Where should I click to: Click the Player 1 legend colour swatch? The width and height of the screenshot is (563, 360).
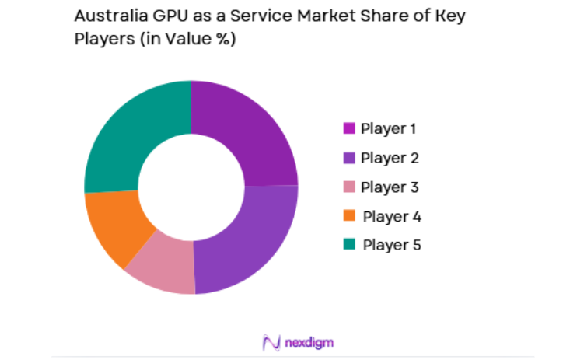348,128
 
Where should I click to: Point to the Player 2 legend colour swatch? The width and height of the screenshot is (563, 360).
348,158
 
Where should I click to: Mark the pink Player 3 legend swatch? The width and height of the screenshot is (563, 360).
348,187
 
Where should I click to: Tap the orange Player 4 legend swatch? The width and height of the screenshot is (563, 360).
348,216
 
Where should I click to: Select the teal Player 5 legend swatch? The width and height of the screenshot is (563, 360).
348,245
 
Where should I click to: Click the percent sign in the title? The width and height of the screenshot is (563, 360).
224,40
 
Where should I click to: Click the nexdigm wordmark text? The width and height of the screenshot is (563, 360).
309,342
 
